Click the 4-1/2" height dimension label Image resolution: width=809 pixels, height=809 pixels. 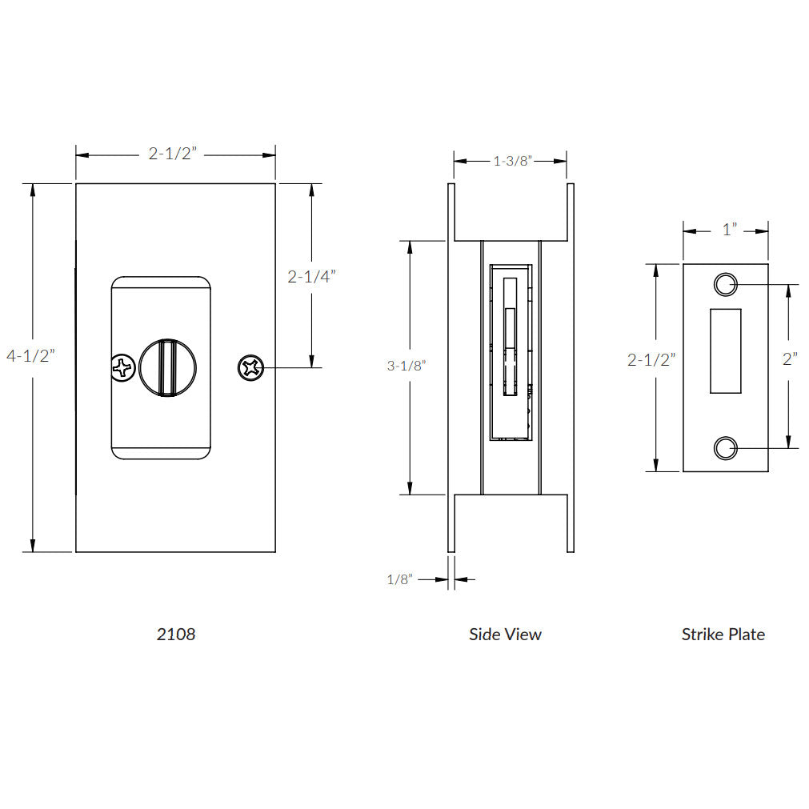(29, 356)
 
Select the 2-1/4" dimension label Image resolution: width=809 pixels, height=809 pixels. (311, 277)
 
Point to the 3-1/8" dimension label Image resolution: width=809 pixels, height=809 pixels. (407, 366)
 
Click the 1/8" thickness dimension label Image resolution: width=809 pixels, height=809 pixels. (399, 579)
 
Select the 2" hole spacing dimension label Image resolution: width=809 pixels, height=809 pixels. (791, 359)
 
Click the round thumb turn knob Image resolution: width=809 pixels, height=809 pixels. (168, 368)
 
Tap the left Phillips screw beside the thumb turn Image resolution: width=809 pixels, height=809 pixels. (122, 369)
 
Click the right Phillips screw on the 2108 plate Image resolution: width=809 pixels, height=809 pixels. (250, 368)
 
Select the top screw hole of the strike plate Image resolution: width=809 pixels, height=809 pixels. (724, 284)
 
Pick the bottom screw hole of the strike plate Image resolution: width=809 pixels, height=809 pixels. (724, 449)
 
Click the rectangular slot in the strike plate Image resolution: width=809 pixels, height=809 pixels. (725, 350)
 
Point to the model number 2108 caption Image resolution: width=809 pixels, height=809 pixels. (175, 635)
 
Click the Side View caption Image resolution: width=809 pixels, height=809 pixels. (505, 635)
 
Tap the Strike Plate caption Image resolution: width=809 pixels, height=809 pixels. (723, 635)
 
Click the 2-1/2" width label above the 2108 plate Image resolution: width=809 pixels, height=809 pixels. (173, 154)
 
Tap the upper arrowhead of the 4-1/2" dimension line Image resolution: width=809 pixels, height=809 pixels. (33, 190)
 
